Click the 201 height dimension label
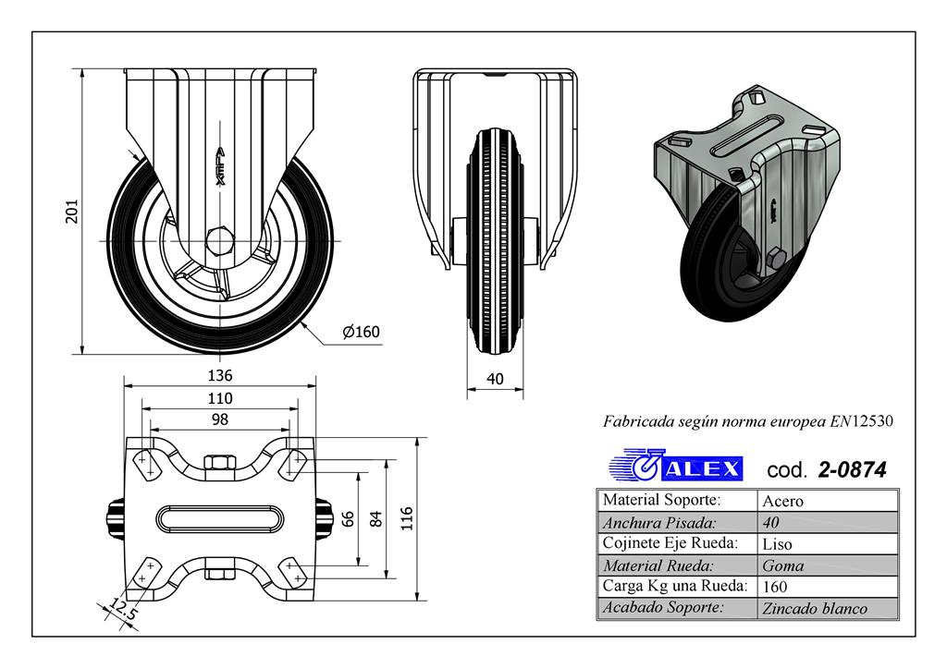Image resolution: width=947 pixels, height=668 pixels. pos(72,212)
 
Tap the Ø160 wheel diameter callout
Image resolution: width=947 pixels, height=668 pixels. pos(362,332)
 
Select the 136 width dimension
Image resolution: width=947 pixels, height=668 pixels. pos(220,375)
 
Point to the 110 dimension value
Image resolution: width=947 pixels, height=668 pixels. pos(220,398)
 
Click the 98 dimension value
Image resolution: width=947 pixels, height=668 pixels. pos(220,419)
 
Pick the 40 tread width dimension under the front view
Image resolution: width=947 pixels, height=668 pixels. pos(495,379)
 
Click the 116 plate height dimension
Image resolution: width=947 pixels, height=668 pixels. pos(407,518)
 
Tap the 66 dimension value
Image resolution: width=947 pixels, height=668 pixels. pos(348,519)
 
